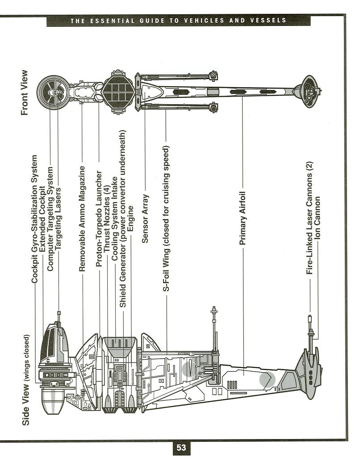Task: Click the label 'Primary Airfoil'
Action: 243,219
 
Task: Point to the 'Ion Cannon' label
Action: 318,217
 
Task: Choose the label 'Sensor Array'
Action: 145,218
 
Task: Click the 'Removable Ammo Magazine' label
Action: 82,219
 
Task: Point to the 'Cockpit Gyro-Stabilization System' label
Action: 34,219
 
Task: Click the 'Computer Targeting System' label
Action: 50,219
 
